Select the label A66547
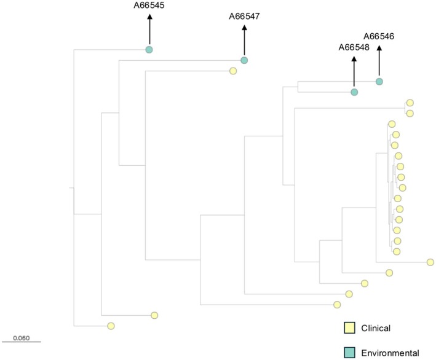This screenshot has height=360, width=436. coord(244,17)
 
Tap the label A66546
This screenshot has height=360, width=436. coord(379,36)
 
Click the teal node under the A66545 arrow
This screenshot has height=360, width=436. coord(149,49)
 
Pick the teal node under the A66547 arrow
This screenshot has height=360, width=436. coord(244,60)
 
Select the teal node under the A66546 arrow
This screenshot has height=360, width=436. coord(379,81)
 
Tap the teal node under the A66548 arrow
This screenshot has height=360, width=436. coord(354,92)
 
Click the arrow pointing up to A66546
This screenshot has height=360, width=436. coord(379,60)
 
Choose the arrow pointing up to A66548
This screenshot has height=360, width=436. coord(354,71)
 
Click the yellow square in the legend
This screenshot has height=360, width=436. coord(349,328)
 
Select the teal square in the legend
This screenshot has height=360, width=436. coord(349,352)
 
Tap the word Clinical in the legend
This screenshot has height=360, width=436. coord(376,328)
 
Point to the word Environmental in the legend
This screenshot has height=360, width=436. coord(390,353)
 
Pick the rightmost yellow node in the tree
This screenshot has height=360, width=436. coord(430,262)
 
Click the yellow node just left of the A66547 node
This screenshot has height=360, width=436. coord(233,71)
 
